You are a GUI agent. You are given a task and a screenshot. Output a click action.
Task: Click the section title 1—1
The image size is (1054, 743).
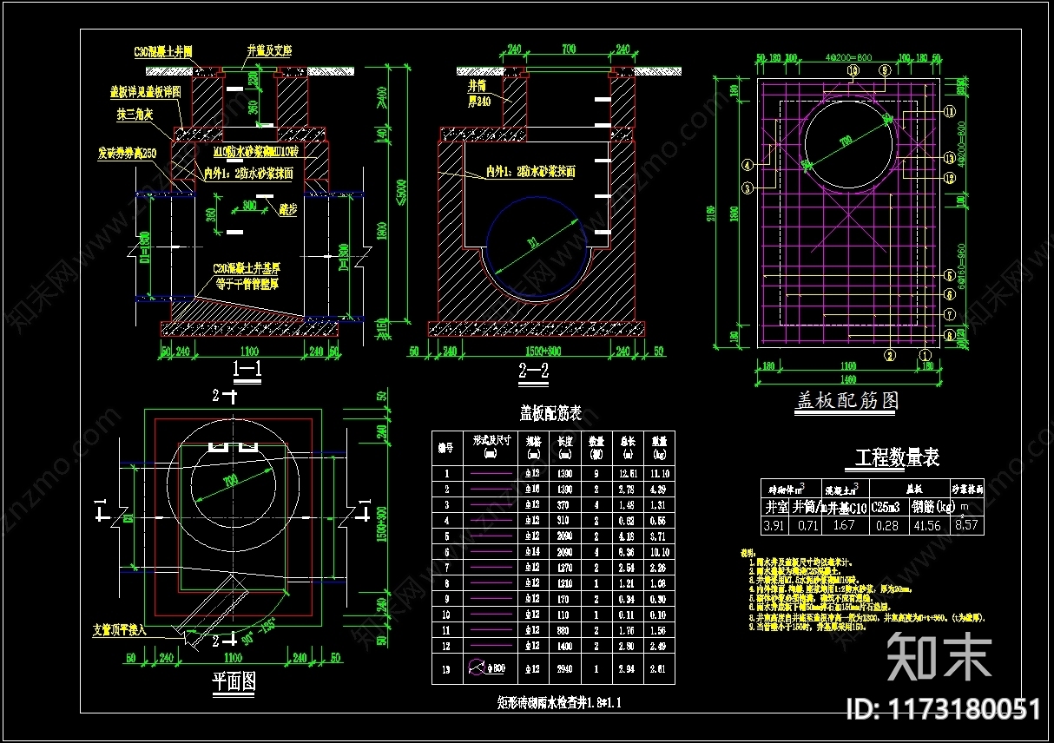click(247, 370)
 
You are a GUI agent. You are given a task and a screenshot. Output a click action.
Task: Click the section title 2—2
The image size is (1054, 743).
click(533, 371)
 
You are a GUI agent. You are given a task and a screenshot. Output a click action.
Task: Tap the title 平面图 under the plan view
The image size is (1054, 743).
click(234, 682)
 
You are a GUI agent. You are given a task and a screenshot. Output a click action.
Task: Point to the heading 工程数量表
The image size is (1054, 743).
click(897, 457)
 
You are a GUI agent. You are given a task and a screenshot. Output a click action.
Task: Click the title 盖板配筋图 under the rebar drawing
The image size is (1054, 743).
click(846, 400)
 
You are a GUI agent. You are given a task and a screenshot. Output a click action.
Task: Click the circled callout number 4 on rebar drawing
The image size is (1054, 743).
click(747, 163)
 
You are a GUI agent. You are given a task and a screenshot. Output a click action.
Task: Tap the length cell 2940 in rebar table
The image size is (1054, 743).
click(564, 669)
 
